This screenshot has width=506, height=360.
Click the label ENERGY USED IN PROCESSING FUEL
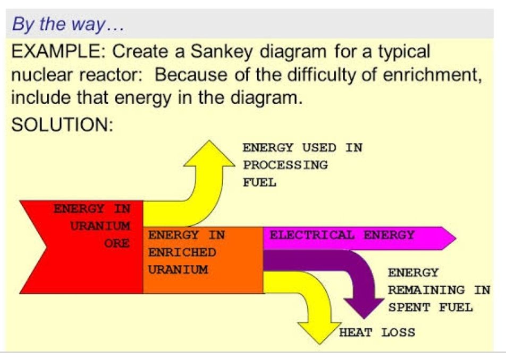click(302, 165)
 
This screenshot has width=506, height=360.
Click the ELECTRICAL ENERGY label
click(342, 235)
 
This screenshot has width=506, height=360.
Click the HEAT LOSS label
click(377, 333)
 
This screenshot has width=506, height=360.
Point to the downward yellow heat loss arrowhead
click(318, 332)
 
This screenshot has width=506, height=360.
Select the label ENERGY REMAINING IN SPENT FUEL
click(438, 290)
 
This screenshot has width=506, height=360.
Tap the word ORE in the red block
click(117, 243)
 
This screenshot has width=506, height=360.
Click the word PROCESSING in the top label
click(285, 165)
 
